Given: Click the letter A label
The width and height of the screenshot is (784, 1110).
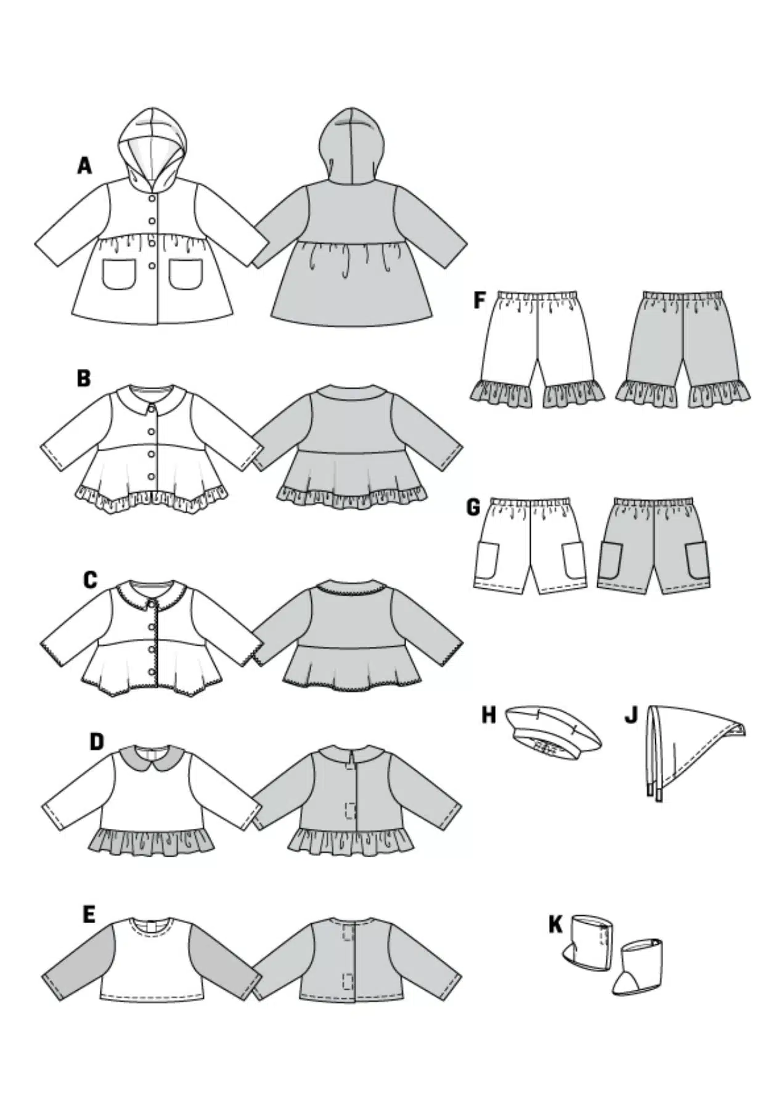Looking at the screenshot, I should tap(84, 166).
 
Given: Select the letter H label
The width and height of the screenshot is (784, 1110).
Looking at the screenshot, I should tap(488, 715).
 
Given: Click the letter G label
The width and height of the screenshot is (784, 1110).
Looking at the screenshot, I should tap(473, 508).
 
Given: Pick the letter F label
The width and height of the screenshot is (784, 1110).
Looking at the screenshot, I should tap(479, 301).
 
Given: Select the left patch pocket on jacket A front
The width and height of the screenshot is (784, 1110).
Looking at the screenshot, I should tap(119, 274).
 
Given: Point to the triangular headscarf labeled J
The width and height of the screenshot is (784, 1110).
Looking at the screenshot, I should tap(693, 749).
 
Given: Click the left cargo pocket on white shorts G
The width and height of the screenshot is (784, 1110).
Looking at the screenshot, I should tap(487, 560).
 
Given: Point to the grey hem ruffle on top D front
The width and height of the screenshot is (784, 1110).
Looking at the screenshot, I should tap(153, 841).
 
